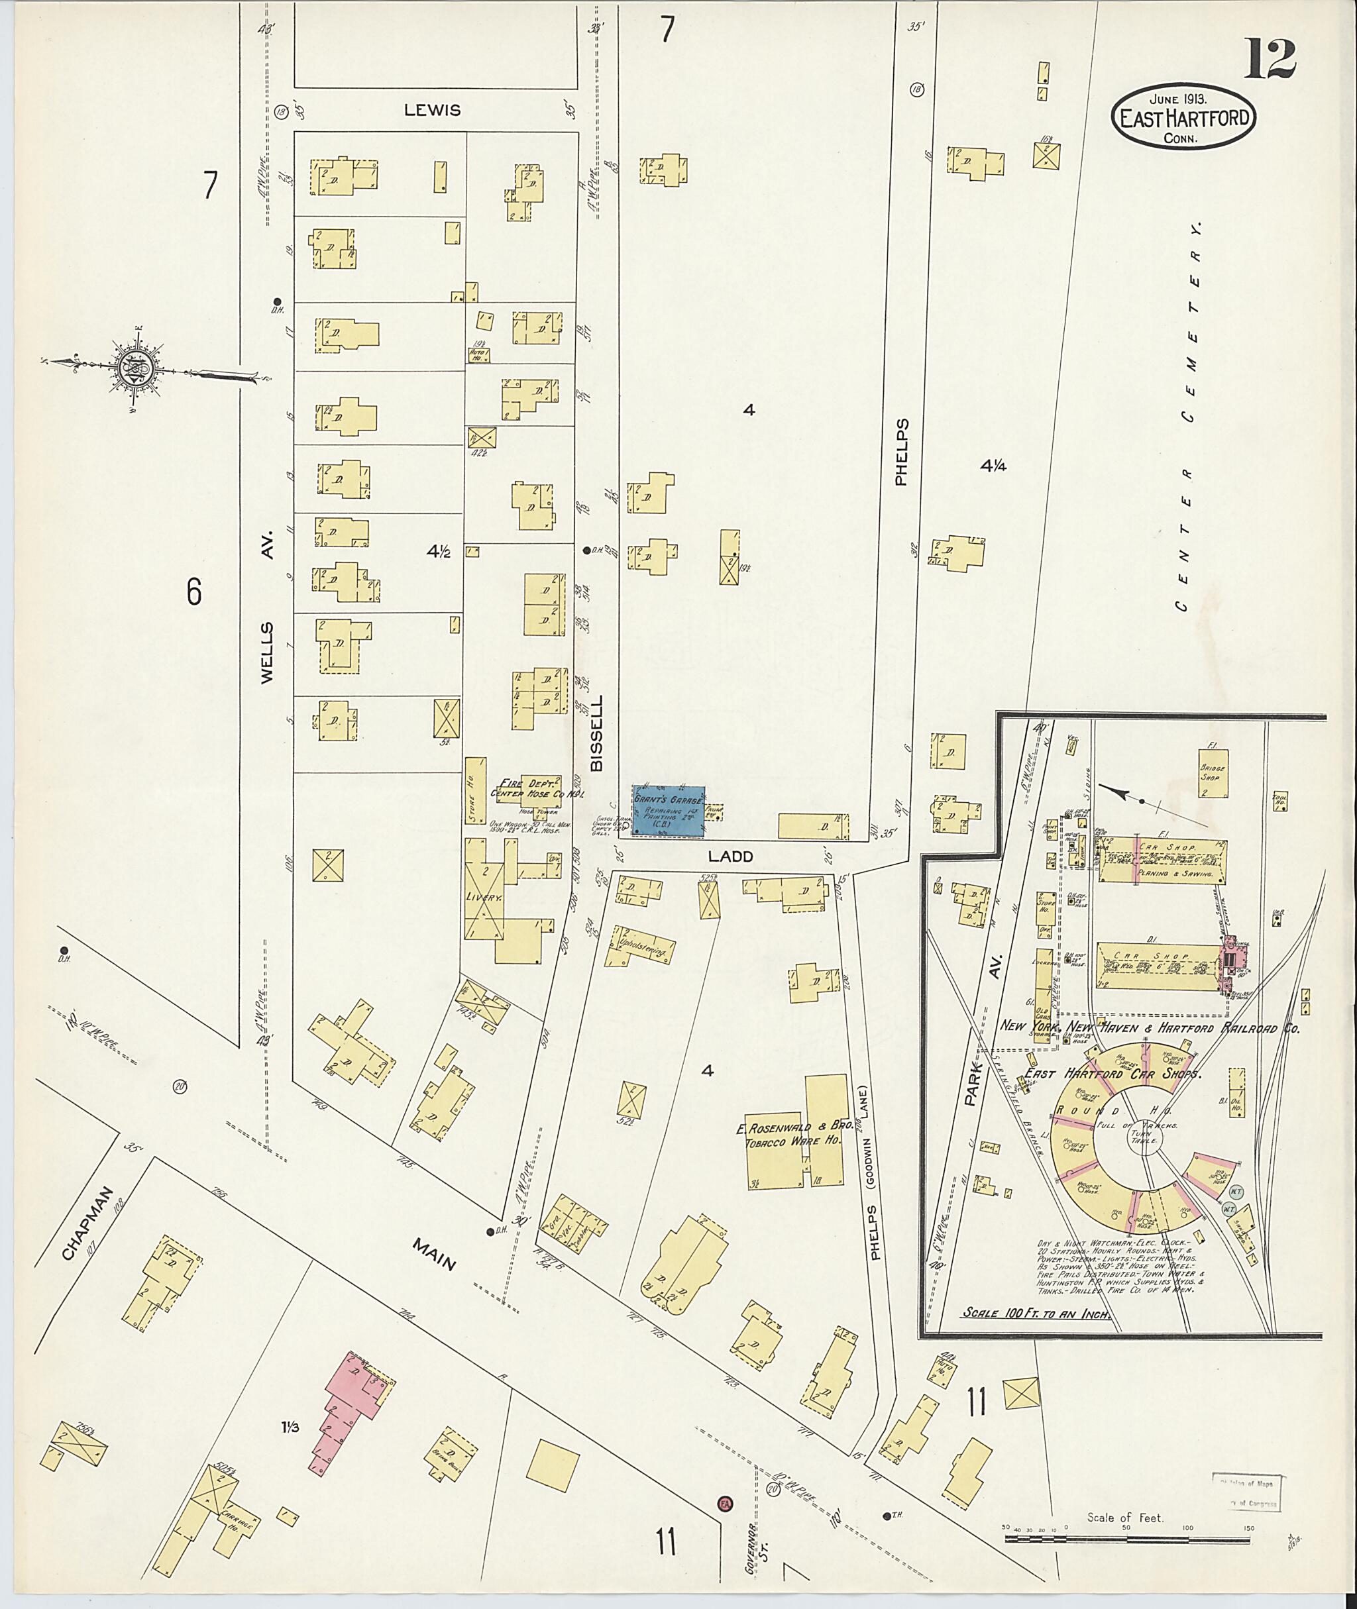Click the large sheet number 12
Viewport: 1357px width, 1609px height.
[1270, 59]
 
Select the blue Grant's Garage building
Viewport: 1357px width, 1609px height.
[668, 811]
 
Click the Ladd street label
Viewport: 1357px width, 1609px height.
[731, 856]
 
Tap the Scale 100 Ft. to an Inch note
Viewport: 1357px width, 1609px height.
[1037, 1314]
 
